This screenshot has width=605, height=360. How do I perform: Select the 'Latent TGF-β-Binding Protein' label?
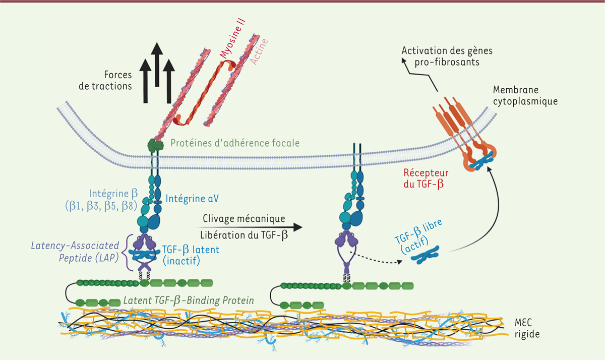(188, 301)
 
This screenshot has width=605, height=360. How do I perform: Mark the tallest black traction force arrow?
(157, 66)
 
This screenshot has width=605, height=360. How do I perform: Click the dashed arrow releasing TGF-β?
(377, 258)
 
